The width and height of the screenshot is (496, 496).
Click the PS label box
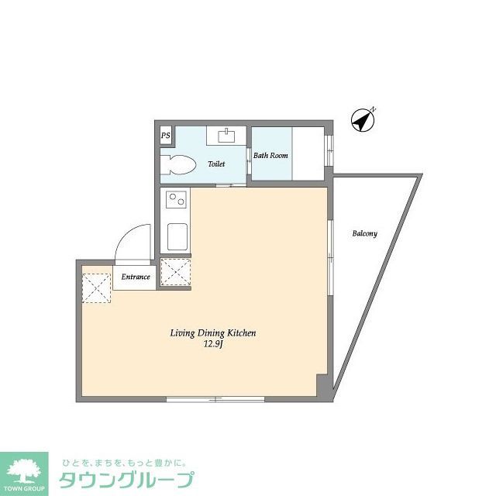(165, 136)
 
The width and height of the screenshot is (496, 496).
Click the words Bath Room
(270, 156)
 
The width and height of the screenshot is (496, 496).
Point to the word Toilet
(216, 164)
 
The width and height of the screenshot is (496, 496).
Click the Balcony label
(364, 233)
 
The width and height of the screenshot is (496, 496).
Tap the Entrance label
(136, 277)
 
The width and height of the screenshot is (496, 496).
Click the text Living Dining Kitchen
(213, 333)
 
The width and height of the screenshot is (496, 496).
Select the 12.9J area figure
(213, 344)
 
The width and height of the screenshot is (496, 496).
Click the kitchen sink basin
(177, 236)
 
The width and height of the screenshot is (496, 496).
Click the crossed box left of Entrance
(98, 288)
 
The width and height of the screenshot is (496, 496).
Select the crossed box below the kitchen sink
(174, 272)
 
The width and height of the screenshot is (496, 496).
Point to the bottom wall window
(215, 399)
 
